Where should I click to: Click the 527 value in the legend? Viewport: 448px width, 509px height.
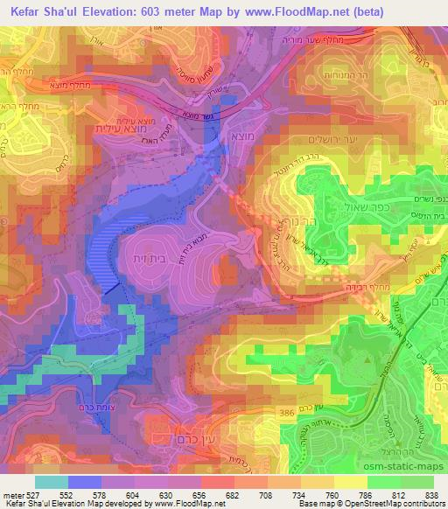[x=35, y=493]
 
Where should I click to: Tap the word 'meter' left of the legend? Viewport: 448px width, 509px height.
[x=12, y=493]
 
